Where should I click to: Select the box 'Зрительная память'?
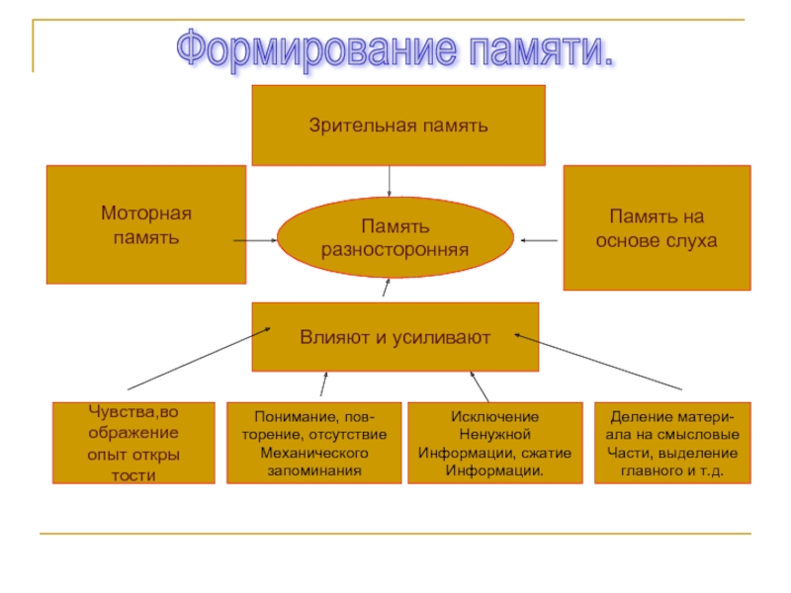(398, 125)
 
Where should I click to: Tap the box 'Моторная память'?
(145, 224)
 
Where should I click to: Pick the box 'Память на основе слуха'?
(657, 227)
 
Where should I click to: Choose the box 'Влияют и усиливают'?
(395, 337)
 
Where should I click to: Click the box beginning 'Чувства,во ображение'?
(132, 442)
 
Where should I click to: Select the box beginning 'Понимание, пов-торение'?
(314, 443)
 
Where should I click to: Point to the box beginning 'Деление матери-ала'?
(672, 443)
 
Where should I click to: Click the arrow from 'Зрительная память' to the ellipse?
(390, 181)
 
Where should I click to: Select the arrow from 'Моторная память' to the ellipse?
(255, 239)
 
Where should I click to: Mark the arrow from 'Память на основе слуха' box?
(539, 239)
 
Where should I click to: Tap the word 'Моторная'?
(145, 213)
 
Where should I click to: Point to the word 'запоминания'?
(314, 470)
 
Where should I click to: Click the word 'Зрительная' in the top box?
(351, 126)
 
